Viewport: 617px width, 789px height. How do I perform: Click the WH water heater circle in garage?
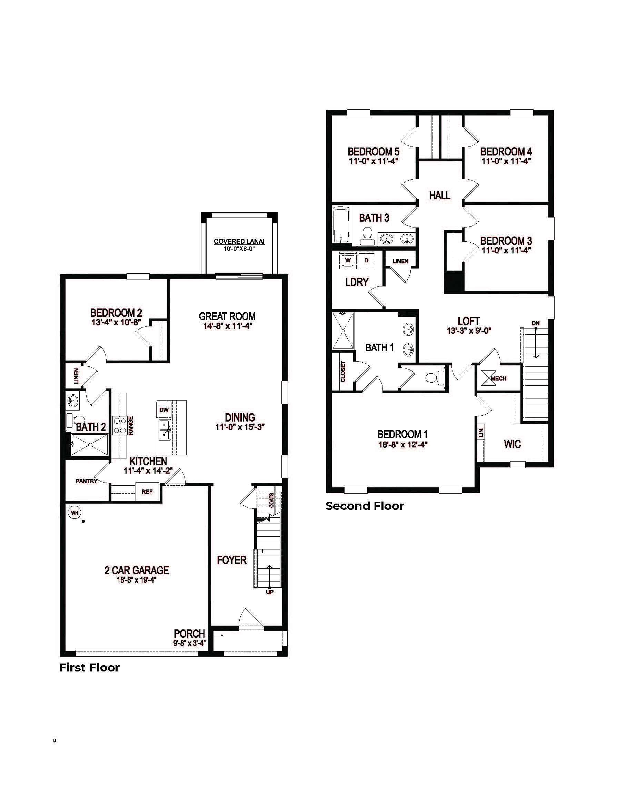(74, 513)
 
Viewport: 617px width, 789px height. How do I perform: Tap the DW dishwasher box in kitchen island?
(164, 410)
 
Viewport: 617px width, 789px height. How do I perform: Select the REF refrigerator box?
(147, 492)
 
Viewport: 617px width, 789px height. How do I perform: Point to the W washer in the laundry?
(348, 261)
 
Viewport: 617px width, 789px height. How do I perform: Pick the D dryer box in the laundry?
(366, 261)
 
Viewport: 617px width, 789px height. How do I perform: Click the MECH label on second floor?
(498, 378)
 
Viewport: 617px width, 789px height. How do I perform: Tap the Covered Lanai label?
(239, 241)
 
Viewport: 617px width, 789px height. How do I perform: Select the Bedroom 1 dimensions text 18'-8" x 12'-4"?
(403, 445)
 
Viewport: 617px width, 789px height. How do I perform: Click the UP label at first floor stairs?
(270, 592)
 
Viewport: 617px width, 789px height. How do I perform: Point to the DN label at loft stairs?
(535, 323)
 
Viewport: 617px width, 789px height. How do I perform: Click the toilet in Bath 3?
(368, 234)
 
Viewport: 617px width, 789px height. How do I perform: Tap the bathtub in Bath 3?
(340, 225)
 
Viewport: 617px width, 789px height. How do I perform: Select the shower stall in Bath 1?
(343, 331)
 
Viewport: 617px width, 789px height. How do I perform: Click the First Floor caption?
(89, 668)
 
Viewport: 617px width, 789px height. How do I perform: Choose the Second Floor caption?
(364, 506)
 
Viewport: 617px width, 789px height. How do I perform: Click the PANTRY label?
(86, 481)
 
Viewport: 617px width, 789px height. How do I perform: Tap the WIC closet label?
(512, 444)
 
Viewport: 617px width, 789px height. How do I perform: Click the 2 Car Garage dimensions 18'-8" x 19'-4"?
(136, 580)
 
